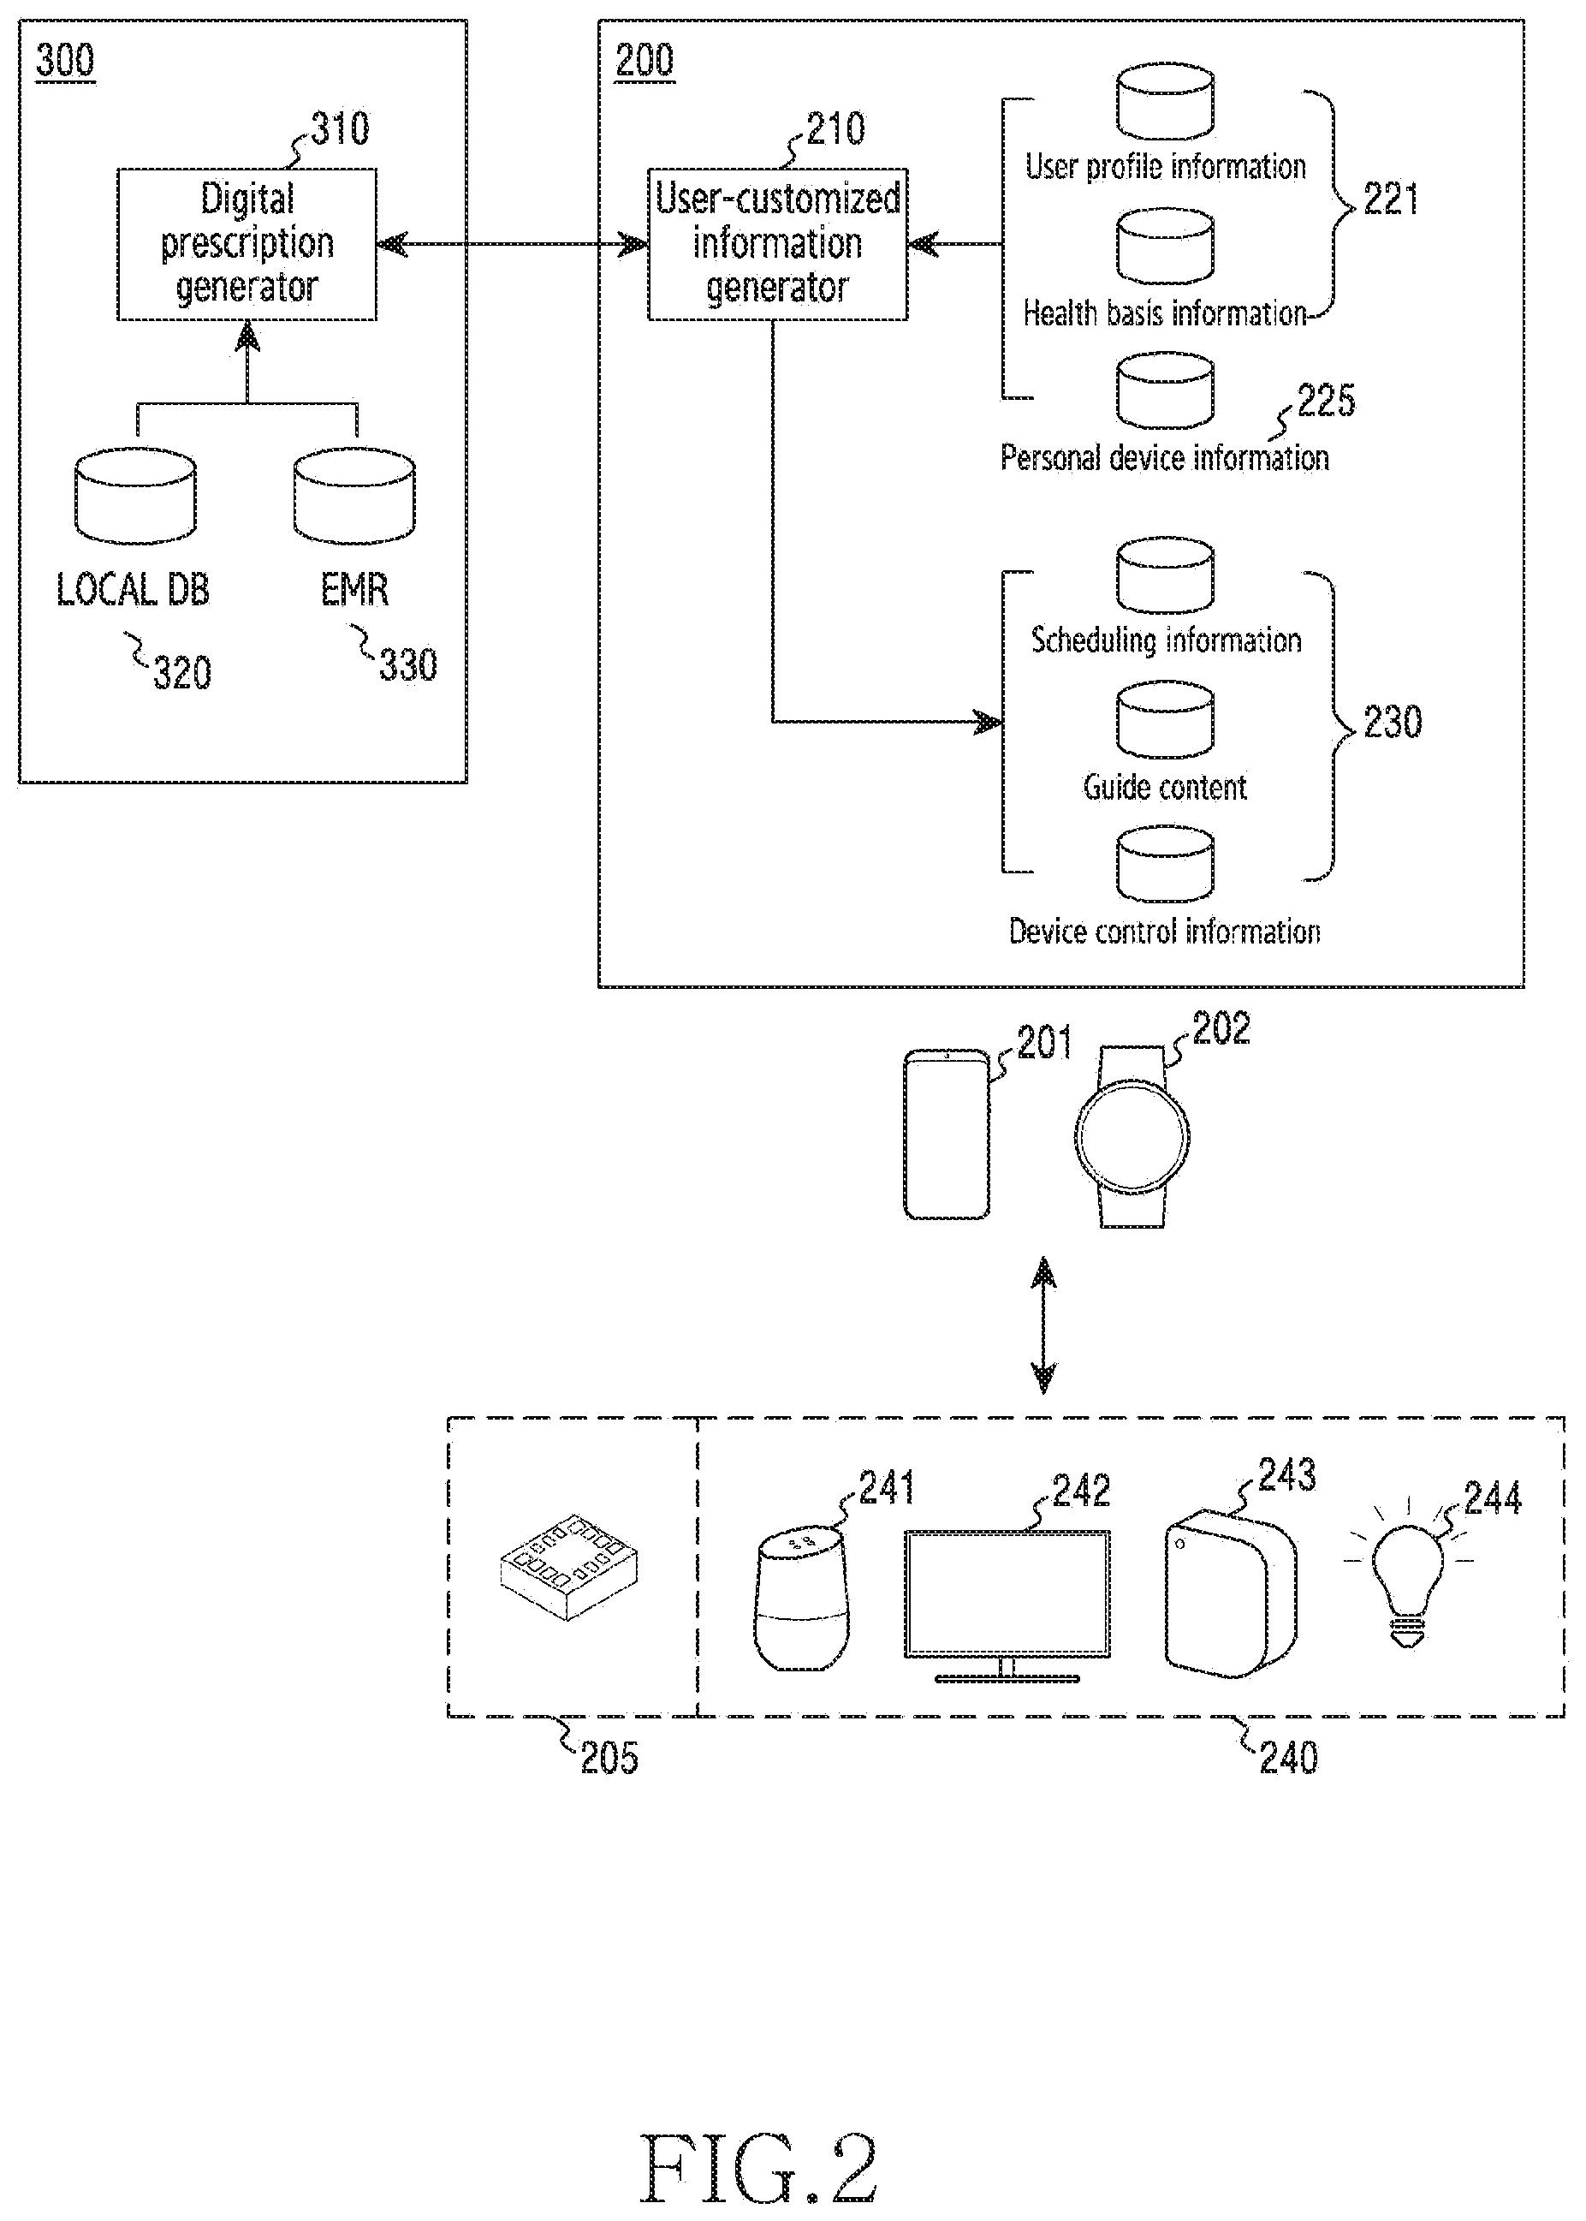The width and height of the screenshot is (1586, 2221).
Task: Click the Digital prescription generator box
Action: pyautogui.click(x=247, y=244)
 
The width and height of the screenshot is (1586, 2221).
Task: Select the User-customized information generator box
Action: pyautogui.click(x=777, y=244)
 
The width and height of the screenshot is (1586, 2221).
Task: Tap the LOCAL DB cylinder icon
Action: pyautogui.click(x=136, y=496)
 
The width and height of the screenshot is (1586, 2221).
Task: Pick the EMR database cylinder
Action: pyautogui.click(x=354, y=496)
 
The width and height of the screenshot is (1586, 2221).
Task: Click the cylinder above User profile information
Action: pyautogui.click(x=1165, y=102)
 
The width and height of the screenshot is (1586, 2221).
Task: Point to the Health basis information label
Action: pyautogui.click(x=1164, y=313)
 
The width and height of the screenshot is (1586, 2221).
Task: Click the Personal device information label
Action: pyautogui.click(x=1164, y=458)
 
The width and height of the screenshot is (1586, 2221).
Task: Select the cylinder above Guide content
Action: pyautogui.click(x=1165, y=721)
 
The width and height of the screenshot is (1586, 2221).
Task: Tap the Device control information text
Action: pyautogui.click(x=1164, y=932)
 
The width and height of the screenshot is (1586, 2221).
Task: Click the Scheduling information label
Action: pyautogui.click(x=1166, y=640)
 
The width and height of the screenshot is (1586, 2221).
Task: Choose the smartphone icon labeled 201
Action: pyautogui.click(x=947, y=1134)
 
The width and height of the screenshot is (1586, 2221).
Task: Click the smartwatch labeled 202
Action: pyautogui.click(x=1132, y=1137)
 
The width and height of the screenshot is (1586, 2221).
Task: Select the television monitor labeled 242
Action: pyautogui.click(x=1007, y=1605)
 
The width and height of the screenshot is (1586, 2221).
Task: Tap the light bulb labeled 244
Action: pyautogui.click(x=1407, y=1573)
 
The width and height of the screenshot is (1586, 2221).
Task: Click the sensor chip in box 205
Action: pyautogui.click(x=568, y=1568)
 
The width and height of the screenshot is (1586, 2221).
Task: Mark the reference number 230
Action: pyautogui.click(x=1392, y=723)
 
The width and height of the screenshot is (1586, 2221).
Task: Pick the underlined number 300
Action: pyautogui.click(x=65, y=62)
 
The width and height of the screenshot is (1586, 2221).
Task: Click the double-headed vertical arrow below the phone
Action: pyautogui.click(x=1043, y=1325)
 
